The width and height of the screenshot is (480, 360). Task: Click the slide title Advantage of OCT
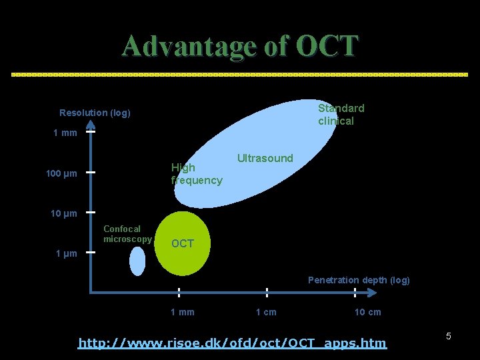pos(240,46)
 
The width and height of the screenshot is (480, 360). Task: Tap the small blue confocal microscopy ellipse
pos(137,261)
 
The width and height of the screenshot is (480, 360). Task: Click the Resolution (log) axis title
pos(95,113)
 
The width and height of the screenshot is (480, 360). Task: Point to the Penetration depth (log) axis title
pos(359,280)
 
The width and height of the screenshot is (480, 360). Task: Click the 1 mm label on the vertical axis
pos(65,133)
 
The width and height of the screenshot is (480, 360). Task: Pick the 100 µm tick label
pos(61,174)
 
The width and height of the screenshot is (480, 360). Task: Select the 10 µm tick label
pos(64,213)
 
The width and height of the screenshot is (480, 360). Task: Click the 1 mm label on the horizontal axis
pos(183,312)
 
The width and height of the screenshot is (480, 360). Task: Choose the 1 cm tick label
pos(266,312)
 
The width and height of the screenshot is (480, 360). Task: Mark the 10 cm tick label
pos(367,312)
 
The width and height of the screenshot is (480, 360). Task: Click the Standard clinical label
pos(341,114)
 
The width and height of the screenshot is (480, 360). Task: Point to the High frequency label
pos(196,173)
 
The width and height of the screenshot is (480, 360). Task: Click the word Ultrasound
pos(265,158)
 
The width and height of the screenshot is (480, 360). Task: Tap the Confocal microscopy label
pos(127,234)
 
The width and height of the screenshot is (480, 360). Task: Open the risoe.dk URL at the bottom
pos(232,343)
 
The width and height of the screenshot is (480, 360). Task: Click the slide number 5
pos(448,336)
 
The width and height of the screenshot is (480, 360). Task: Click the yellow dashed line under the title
pos(240,75)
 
